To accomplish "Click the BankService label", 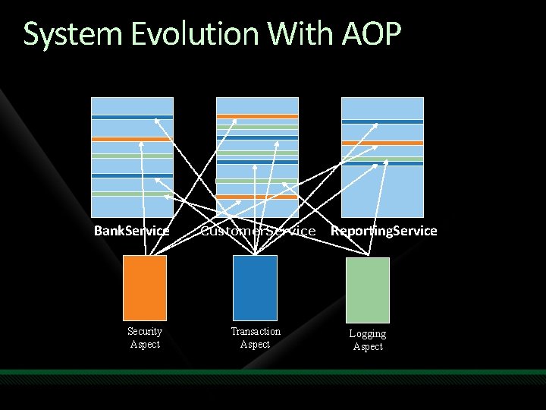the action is click(x=131, y=230).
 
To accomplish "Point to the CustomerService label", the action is click(x=257, y=230).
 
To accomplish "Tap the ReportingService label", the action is click(x=384, y=230).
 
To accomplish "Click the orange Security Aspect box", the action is click(x=144, y=288).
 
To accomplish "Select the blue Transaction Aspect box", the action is click(x=255, y=288).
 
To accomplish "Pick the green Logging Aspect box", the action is click(x=368, y=290).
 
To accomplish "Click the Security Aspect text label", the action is click(x=144, y=338).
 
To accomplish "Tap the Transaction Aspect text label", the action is click(x=255, y=338).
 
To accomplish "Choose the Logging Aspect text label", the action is click(x=368, y=340).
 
